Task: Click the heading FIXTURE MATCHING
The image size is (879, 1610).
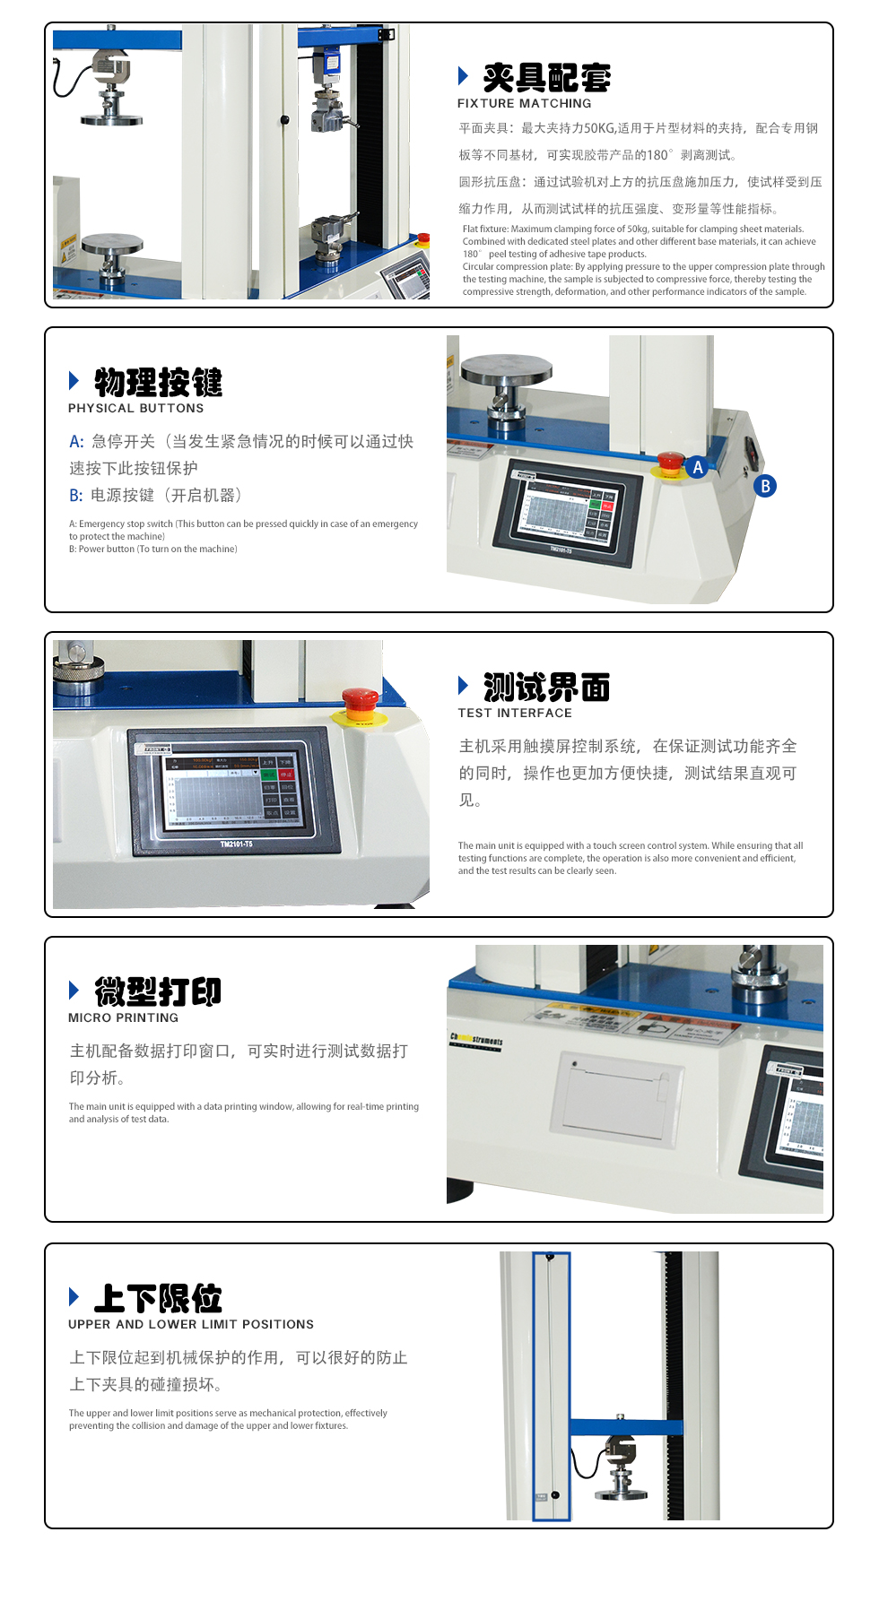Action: click(x=524, y=103)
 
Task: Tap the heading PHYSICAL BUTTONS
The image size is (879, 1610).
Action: click(x=135, y=408)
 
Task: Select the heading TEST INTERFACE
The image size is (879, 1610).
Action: click(x=514, y=713)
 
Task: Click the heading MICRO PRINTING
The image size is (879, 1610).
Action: click(x=123, y=1017)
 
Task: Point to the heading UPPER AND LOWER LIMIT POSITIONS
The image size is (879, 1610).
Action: click(x=191, y=1324)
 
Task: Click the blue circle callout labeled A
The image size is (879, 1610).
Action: click(x=698, y=466)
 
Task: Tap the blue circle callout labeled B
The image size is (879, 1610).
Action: click(x=765, y=486)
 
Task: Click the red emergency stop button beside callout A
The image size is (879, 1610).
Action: click(x=670, y=462)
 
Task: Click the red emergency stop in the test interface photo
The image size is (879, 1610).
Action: click(x=360, y=702)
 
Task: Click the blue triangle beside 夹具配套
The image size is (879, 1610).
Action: click(x=463, y=75)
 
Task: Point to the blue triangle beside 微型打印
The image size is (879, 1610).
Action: click(x=74, y=990)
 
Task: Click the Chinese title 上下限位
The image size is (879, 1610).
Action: click(x=158, y=1297)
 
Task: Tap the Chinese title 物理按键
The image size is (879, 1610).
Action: click(x=158, y=382)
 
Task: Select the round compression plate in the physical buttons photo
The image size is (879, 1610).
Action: click(x=506, y=368)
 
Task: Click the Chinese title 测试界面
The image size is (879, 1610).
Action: click(x=546, y=688)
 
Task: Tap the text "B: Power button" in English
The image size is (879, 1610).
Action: click(x=152, y=549)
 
